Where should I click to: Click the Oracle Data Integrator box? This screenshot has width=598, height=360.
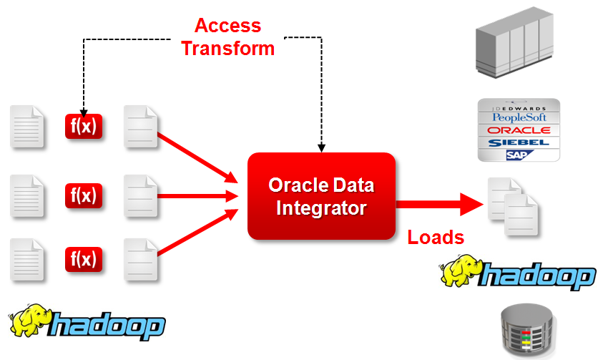[x=321, y=196]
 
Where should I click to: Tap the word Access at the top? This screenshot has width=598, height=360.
[x=227, y=26]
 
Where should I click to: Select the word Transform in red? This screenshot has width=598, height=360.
[x=227, y=48]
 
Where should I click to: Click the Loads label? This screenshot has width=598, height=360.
[x=436, y=238]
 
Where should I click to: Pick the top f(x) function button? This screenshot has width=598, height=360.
[x=84, y=127]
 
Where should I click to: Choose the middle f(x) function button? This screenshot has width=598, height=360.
[x=84, y=194]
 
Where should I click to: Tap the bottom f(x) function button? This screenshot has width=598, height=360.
[x=84, y=258]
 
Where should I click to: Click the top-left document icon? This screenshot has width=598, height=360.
[x=27, y=127]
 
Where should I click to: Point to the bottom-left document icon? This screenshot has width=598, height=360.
[x=27, y=259]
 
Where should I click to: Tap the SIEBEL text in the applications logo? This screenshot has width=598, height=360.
[x=519, y=142]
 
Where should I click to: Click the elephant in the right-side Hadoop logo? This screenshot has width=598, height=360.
[x=460, y=271]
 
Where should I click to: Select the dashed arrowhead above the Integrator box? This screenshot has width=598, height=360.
[x=321, y=147]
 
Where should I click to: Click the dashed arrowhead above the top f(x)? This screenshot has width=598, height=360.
[x=84, y=112]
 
